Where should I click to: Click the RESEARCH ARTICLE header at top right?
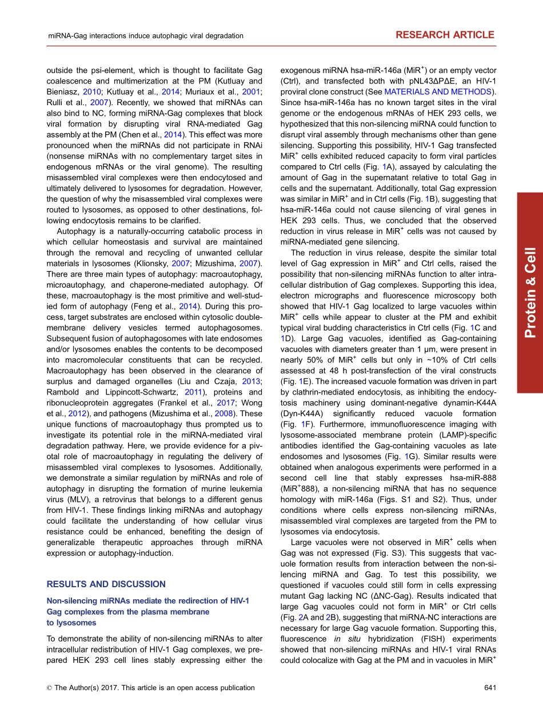[x=445, y=35]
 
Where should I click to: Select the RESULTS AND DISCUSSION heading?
[x=106, y=584]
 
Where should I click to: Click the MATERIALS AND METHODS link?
[x=437, y=91]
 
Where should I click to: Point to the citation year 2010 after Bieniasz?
[x=91, y=91]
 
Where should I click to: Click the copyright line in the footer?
[x=151, y=688]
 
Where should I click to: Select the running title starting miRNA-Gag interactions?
[x=145, y=35]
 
